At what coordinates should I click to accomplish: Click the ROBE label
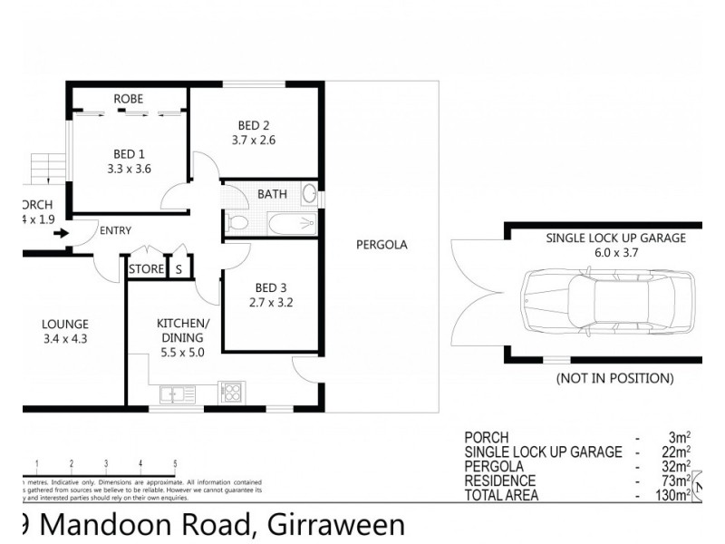tap(128, 99)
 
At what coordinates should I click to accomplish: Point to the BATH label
tap(272, 194)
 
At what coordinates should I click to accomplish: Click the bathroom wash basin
tap(309, 194)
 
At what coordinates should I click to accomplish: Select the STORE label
tap(146, 269)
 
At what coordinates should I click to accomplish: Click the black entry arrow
tap(61, 233)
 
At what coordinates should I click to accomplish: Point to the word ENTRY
tap(116, 231)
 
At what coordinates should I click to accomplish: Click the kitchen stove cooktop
tap(230, 393)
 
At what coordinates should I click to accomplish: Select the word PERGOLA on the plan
tap(382, 245)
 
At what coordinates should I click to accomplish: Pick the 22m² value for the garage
tap(677, 452)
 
